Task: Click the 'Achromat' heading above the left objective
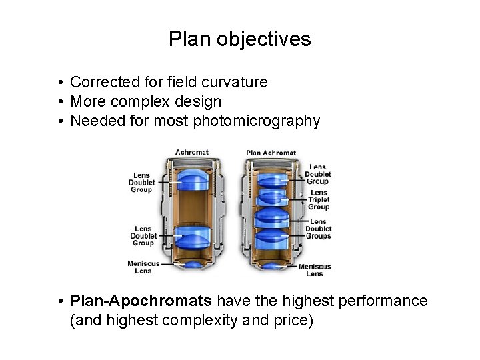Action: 193,153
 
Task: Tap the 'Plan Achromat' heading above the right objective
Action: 271,153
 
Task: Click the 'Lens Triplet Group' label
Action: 319,200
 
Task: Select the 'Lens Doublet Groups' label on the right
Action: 319,229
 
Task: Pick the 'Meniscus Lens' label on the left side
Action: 143,267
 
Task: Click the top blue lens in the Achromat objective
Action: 193,175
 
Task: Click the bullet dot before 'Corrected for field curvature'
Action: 60,83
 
